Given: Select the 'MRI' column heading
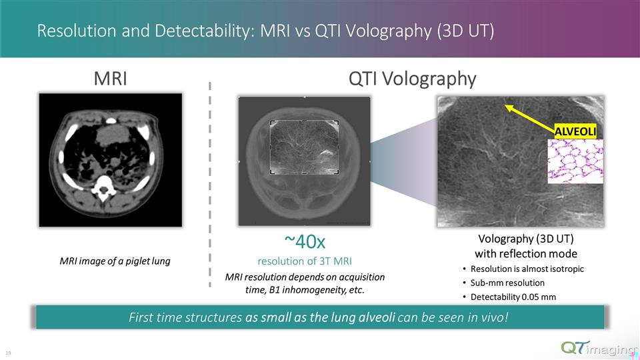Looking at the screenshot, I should click(110, 79).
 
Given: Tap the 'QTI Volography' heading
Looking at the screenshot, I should click(413, 79).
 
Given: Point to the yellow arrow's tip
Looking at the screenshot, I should click(507, 105).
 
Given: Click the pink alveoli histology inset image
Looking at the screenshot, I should click(575, 161).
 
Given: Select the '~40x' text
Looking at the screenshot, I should click(305, 240).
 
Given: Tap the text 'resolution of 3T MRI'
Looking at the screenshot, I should click(305, 260).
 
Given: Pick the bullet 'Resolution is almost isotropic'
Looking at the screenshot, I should click(527, 269).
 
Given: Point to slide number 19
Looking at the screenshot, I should click(8, 352).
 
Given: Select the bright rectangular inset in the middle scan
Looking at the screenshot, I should click(304, 147).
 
